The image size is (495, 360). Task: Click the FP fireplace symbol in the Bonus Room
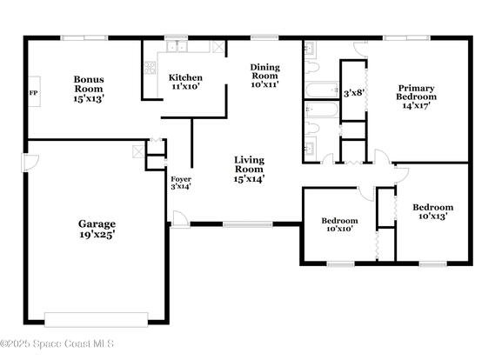coord(34,92)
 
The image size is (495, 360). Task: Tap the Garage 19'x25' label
coord(97,229)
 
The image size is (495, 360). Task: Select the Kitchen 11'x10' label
coord(185,82)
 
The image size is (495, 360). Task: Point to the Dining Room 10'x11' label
coord(264,76)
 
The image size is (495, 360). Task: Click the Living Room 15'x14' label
coord(249,169)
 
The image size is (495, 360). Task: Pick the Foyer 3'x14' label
coord(181,183)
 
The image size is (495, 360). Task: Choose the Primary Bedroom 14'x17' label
coord(417,97)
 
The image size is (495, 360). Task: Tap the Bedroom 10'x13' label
coord(433,211)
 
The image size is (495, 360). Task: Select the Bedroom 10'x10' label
coord(339,224)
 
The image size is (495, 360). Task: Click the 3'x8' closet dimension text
coord(354,93)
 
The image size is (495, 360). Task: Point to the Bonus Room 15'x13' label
coord(89,89)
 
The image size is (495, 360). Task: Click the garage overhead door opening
coord(97,320)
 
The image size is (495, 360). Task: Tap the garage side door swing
coord(30,163)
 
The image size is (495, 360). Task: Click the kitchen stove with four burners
coord(150,68)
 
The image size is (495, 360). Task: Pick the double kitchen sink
coord(177,46)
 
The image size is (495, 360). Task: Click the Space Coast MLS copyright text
coord(57,343)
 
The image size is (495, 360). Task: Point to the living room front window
coord(248,224)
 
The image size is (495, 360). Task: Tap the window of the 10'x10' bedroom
coord(341,264)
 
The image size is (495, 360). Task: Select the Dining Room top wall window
coord(264,37)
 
